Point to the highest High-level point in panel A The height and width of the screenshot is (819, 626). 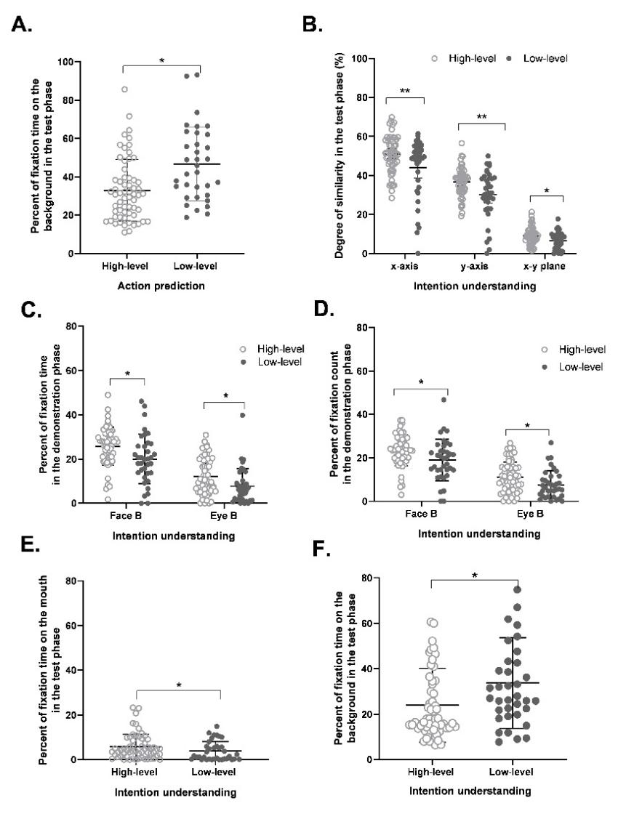click(x=124, y=89)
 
